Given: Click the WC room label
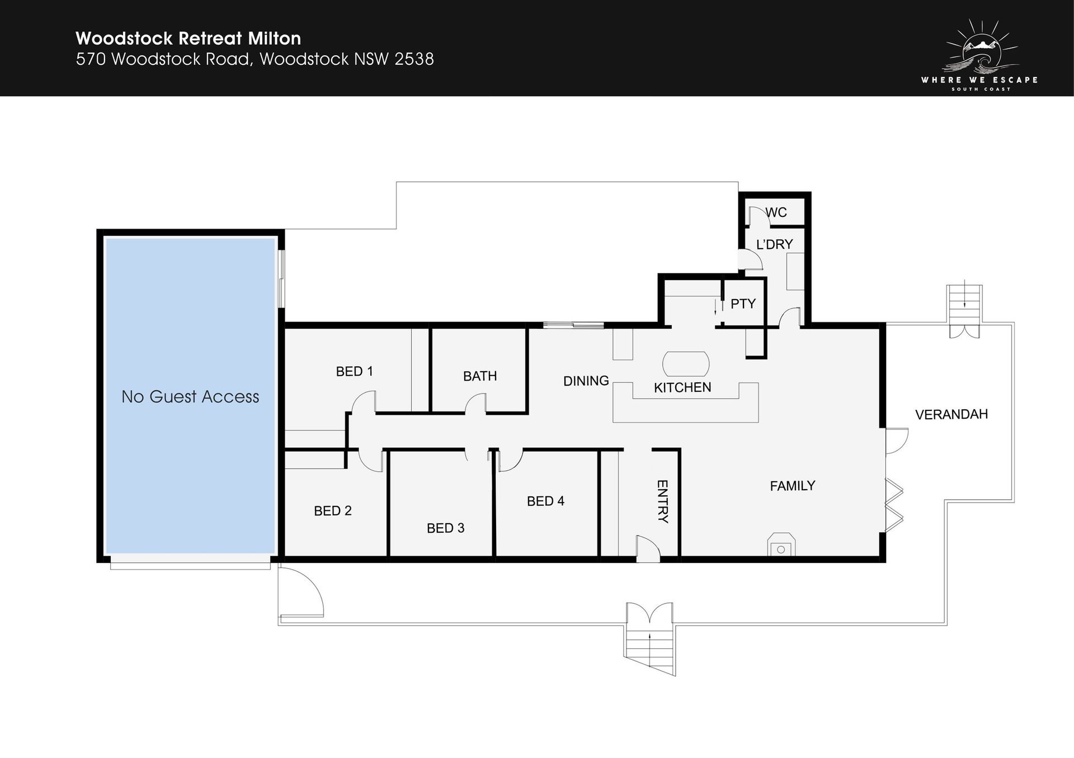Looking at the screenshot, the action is [776, 212].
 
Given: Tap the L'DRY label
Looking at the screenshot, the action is [775, 244].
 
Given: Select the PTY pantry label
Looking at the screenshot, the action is [743, 304].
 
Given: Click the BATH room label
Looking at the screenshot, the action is [480, 376].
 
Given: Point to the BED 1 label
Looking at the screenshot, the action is [354, 371].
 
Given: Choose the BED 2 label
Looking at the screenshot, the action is [333, 511].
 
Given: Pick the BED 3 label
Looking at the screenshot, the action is [446, 528].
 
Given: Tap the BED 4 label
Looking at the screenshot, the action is [545, 501].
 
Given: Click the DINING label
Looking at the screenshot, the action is [586, 381].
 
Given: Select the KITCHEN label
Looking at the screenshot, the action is [682, 387].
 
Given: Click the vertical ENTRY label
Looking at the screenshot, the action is [662, 501].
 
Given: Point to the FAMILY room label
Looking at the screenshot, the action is [793, 486].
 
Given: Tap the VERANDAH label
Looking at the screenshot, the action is [951, 414].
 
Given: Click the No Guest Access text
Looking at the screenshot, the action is [190, 397].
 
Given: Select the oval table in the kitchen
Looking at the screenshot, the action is [686, 364].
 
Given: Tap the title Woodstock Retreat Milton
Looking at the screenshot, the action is [189, 38].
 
